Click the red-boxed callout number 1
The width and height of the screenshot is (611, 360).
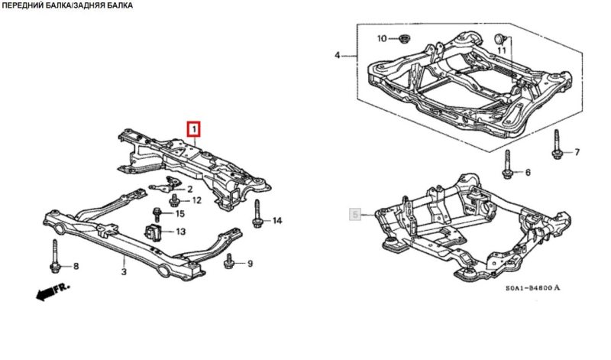point(194,128)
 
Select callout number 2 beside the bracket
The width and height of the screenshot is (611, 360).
point(189,189)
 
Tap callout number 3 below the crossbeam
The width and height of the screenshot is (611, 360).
point(124,269)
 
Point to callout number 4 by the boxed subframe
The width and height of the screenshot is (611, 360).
point(338,55)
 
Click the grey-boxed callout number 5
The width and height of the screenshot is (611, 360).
point(354,215)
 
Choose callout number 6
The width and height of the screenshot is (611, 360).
point(527,173)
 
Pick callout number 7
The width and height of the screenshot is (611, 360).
point(577,152)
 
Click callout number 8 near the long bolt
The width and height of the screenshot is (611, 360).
point(75,266)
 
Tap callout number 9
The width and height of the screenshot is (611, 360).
point(249,264)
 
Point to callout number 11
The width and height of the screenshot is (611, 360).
point(502,50)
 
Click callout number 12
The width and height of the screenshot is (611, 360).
point(196,201)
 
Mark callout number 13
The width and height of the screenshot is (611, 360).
point(180,232)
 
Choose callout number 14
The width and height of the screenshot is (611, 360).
point(276,221)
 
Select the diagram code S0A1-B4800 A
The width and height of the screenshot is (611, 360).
point(532,288)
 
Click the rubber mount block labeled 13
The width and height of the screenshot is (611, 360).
point(153,232)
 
